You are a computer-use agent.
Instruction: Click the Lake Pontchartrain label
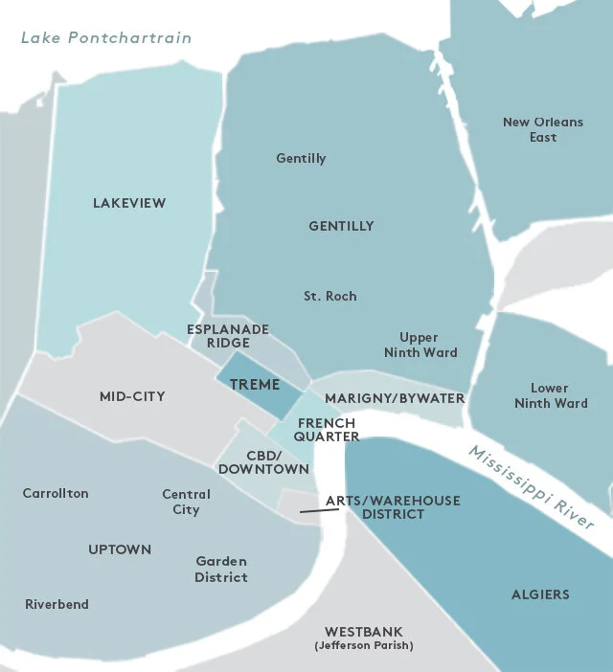pyautogui.click(x=106, y=38)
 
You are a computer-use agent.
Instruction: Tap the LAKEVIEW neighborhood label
pyautogui.click(x=129, y=203)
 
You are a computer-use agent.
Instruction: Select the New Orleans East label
pyautogui.click(x=530, y=129)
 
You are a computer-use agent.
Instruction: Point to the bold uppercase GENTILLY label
pyautogui.click(x=341, y=226)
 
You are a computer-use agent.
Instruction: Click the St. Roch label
pyautogui.click(x=330, y=296)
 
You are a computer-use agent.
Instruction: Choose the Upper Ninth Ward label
pyautogui.click(x=420, y=345)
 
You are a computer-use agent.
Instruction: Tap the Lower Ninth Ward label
pyautogui.click(x=551, y=395)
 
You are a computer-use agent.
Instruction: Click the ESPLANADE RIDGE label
pyautogui.click(x=227, y=336)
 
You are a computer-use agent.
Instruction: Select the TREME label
pyautogui.click(x=255, y=385)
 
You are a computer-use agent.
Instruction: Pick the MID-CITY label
pyautogui.click(x=132, y=396)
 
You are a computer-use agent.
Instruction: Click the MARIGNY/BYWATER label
pyautogui.click(x=395, y=397)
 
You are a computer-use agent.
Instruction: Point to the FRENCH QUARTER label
pyautogui.click(x=327, y=430)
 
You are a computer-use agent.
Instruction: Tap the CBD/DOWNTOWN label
pyautogui.click(x=263, y=462)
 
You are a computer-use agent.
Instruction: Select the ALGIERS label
pyautogui.click(x=540, y=594)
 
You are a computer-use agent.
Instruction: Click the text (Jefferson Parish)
pyautogui.click(x=363, y=647)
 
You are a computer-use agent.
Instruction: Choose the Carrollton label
pyautogui.click(x=56, y=493)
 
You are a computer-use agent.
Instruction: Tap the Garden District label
pyautogui.click(x=221, y=569)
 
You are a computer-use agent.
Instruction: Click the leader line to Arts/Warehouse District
pyautogui.click(x=319, y=511)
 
